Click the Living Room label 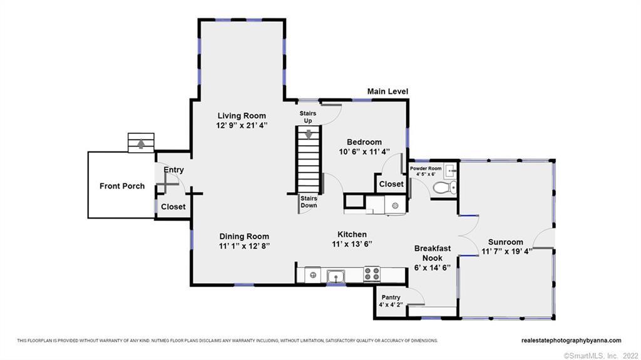pos(242,116)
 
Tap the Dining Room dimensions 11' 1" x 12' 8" pos(244,246)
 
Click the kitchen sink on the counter pos(336,277)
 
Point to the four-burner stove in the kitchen pos(372,274)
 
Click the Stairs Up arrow pos(308,134)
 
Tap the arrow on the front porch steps pos(141,143)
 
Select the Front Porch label pos(122,186)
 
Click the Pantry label pos(391,297)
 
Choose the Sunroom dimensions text pos(506,252)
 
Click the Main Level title pos(387,91)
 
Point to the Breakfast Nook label pos(433,253)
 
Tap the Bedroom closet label pos(391,184)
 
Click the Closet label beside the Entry pos(173,207)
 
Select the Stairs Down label pos(309,202)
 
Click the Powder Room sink pos(450,170)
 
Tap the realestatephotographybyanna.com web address pos(571,341)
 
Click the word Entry pos(174,170)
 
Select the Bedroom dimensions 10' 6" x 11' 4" pos(364,152)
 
